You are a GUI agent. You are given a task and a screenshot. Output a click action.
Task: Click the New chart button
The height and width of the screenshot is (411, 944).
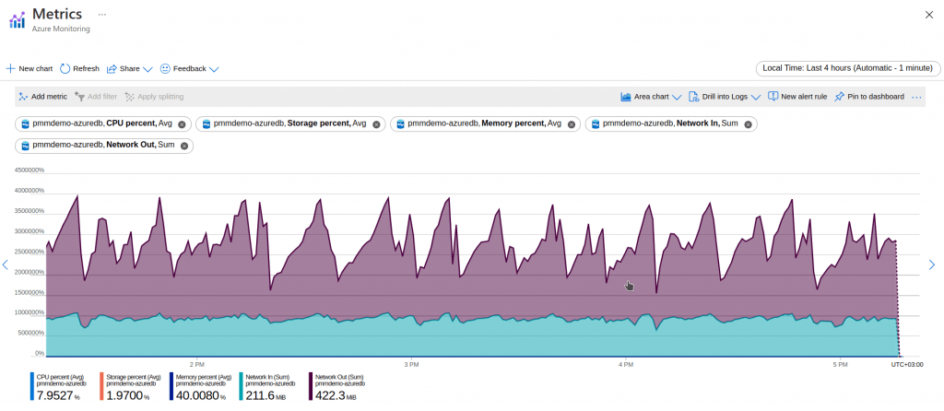[x=29, y=68]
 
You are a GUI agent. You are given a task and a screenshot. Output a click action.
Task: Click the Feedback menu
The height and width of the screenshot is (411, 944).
[x=189, y=68]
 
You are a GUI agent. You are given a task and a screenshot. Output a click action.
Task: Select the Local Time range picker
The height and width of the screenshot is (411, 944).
[x=848, y=68]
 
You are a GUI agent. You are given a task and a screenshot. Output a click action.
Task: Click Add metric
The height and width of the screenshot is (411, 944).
[x=42, y=96]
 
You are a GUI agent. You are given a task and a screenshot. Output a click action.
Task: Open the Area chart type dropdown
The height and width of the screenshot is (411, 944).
[x=651, y=96]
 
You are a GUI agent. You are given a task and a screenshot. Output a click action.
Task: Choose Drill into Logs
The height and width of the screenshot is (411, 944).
[x=725, y=96]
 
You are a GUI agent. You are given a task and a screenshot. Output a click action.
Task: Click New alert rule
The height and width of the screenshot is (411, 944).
[x=797, y=96]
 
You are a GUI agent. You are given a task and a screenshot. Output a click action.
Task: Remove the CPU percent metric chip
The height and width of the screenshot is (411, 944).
[x=182, y=123]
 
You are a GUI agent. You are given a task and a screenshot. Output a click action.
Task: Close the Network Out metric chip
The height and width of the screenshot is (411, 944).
[x=184, y=145]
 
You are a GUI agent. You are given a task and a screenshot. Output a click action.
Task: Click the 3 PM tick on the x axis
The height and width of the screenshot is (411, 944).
[x=411, y=364]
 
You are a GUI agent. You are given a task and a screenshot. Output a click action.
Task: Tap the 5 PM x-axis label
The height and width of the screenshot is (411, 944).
[x=838, y=364]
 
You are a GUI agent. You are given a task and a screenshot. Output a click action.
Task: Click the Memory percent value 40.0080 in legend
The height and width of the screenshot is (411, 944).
[x=196, y=394]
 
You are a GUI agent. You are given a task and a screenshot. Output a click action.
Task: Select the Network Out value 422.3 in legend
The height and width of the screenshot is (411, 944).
[x=331, y=394]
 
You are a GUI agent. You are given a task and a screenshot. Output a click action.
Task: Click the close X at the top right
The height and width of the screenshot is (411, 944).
[x=927, y=15]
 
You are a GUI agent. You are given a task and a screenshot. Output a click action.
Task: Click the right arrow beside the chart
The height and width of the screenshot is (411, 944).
[x=931, y=265]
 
